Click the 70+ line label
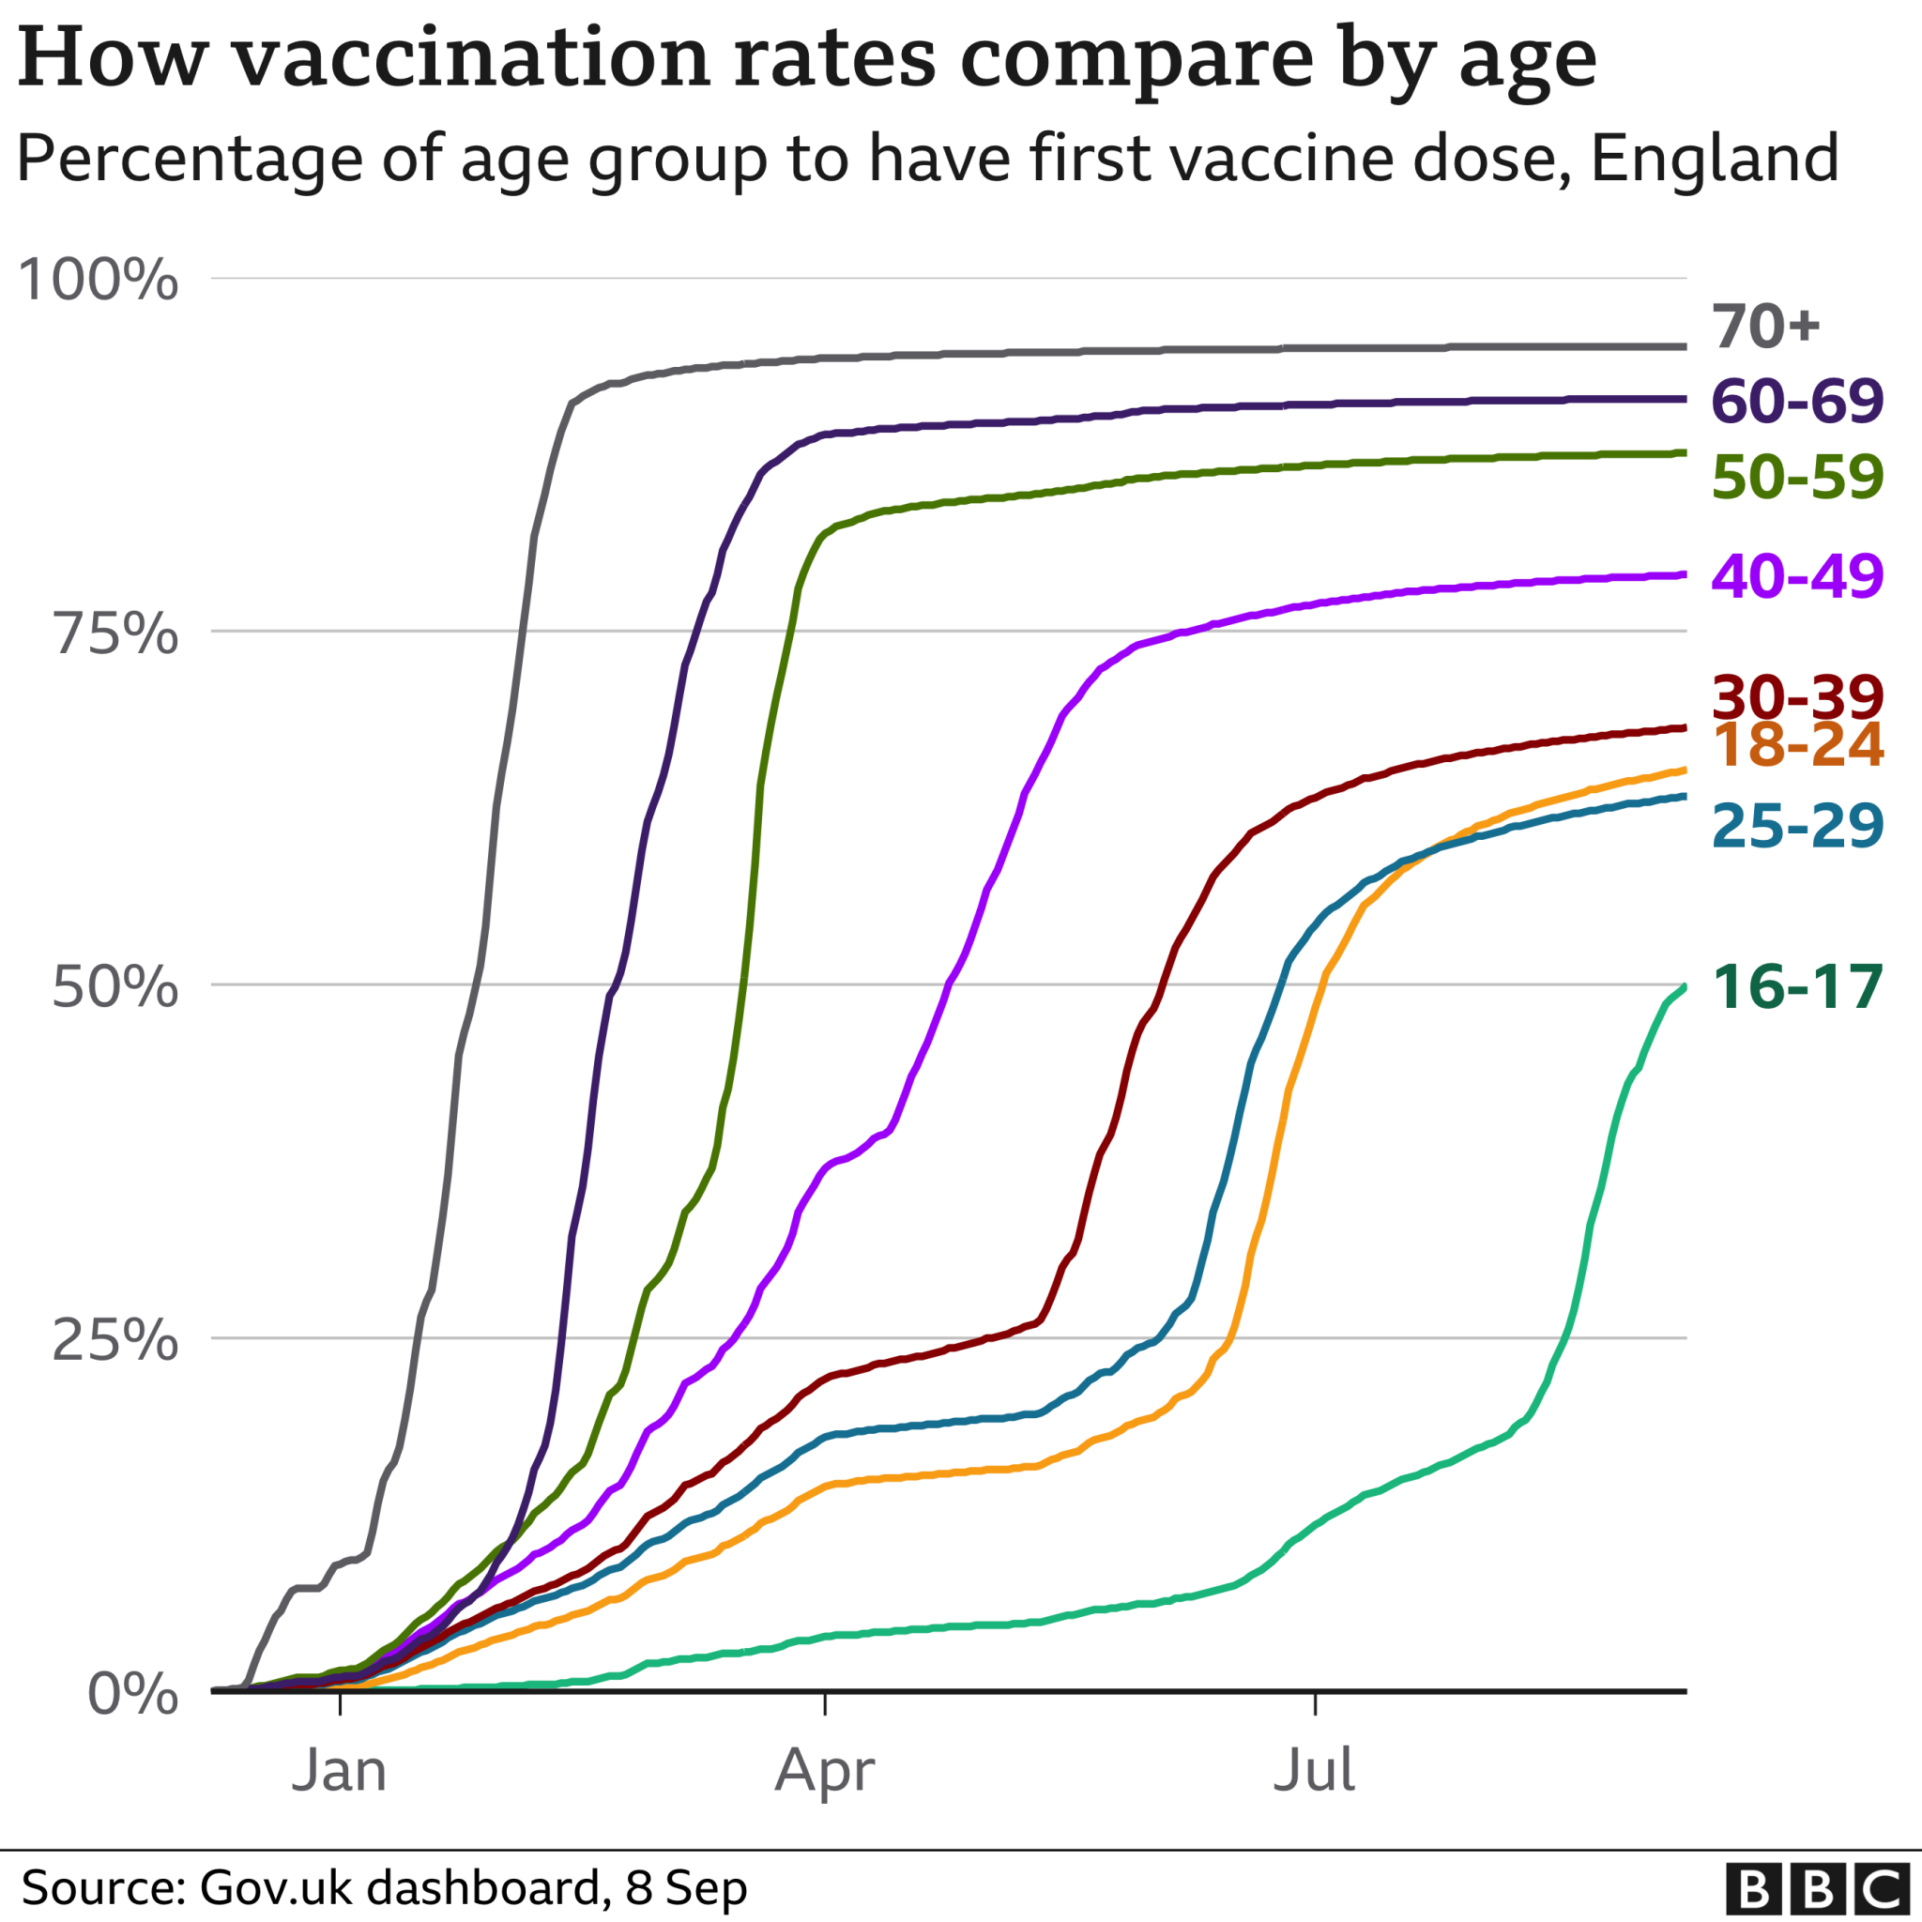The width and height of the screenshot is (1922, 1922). tap(1766, 327)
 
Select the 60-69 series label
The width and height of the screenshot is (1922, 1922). tap(1796, 401)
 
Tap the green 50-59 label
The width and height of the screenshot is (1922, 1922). tap(1796, 477)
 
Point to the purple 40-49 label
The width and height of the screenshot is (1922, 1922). tap(1796, 575)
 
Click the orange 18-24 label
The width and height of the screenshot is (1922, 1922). tap(1796, 744)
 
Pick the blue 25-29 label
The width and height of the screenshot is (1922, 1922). tap(1796, 825)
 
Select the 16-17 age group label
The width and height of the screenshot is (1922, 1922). tap(1796, 987)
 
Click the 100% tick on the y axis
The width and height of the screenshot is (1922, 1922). tap(98, 280)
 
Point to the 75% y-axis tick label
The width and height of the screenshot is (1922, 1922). tap(114, 633)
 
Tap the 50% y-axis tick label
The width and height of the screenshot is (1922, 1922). tap(114, 987)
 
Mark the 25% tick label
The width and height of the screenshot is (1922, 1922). tap(114, 1341)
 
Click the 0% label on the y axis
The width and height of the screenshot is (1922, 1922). tap(132, 1694)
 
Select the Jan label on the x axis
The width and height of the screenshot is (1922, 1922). tap(339, 1772)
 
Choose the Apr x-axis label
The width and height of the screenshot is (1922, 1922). tap(825, 1772)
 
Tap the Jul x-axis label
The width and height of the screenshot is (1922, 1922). tap(1314, 1772)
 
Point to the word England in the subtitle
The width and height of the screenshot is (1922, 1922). tap(1714, 160)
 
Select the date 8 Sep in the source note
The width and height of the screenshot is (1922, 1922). tap(685, 1888)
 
